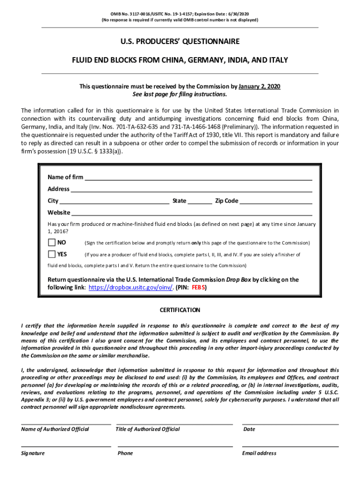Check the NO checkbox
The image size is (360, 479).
pyautogui.click(x=51, y=242)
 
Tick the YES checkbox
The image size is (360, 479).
pyautogui.click(x=51, y=254)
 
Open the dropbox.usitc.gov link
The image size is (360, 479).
pyautogui.click(x=131, y=288)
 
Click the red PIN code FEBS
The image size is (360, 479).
pyautogui.click(x=199, y=288)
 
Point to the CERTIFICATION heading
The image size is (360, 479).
pyautogui.click(x=180, y=310)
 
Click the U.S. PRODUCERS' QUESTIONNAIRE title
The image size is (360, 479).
pyautogui.click(x=180, y=42)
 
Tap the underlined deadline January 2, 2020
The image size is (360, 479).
pyautogui.click(x=259, y=87)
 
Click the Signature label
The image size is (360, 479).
pyautogui.click(x=33, y=453)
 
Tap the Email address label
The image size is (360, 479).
pyautogui.click(x=259, y=453)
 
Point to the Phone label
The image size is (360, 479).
pyautogui.click(x=125, y=453)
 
